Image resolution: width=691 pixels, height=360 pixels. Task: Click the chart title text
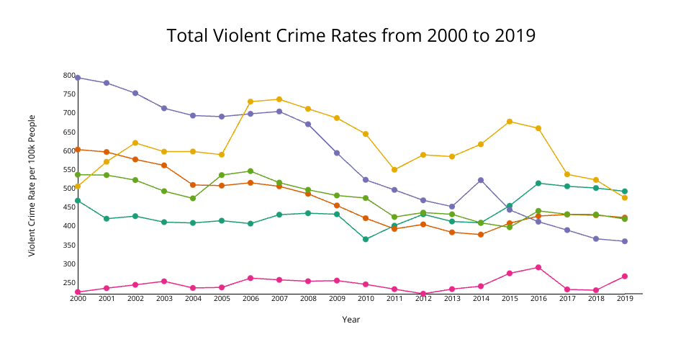[351, 35]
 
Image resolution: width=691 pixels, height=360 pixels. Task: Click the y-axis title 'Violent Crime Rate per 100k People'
[32, 185]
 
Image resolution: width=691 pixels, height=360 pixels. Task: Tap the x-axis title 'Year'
[351, 320]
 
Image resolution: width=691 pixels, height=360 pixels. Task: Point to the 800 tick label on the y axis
[68, 76]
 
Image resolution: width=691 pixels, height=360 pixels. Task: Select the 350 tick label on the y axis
[68, 246]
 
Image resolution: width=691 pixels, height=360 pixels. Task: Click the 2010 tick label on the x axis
[366, 299]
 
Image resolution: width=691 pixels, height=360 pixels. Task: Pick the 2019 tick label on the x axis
[625, 299]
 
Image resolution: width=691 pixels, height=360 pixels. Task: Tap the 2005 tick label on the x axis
[222, 299]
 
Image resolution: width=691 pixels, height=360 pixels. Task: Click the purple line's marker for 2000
[78, 78]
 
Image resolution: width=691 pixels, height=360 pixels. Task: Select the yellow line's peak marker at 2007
[279, 99]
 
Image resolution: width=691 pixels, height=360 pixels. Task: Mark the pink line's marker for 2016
[538, 267]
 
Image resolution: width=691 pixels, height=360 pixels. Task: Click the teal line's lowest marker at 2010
[366, 239]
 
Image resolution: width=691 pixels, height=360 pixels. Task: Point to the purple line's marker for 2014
[481, 180]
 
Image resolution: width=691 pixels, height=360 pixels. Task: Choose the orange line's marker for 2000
[78, 149]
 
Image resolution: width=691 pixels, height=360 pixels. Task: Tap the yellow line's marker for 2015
[510, 122]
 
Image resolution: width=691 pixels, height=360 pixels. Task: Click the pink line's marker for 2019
[625, 276]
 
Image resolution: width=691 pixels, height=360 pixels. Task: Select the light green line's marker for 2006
[250, 171]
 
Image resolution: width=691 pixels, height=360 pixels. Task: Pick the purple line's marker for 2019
[625, 241]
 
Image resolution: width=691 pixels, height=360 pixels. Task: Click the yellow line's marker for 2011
[394, 170]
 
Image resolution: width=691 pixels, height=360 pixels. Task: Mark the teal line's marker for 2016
[538, 184]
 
